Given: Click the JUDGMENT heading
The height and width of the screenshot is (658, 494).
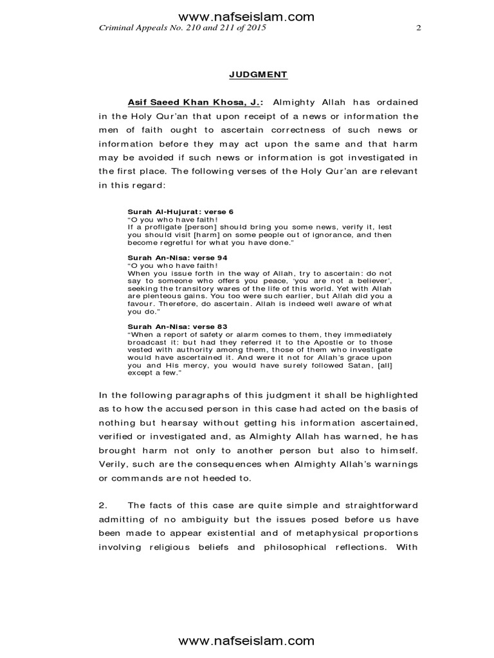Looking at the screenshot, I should (x=259, y=75).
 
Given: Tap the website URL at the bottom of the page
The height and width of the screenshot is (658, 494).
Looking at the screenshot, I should (x=246, y=640).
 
